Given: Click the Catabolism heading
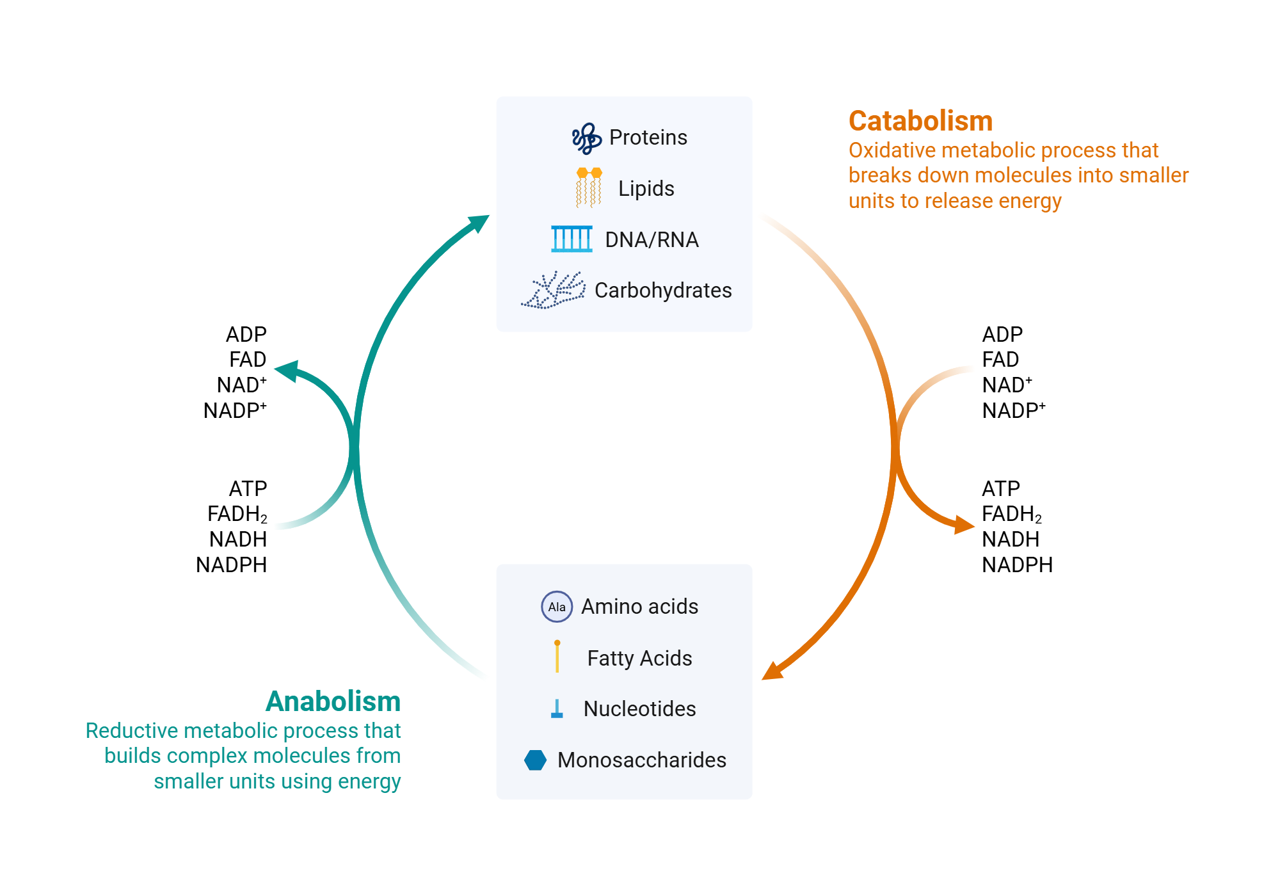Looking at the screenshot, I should [x=920, y=121].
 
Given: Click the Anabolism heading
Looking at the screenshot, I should [x=333, y=701].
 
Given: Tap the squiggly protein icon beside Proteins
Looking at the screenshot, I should [x=586, y=138].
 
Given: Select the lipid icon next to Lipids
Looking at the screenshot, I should [x=589, y=188].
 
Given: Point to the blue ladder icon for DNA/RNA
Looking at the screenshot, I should [x=572, y=239].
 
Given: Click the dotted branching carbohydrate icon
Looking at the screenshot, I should [x=554, y=290].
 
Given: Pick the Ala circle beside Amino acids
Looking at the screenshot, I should [x=557, y=607].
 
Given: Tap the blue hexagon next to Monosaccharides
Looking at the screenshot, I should [x=535, y=760].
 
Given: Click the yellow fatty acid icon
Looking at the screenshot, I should [x=557, y=657].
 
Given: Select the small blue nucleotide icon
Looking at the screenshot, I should [x=557, y=708].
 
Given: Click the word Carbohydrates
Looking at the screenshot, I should [x=663, y=291].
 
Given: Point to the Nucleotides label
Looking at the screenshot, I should [x=639, y=709].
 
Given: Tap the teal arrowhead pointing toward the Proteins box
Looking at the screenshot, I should [x=479, y=223].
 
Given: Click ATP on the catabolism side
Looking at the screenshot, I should [x=1001, y=489].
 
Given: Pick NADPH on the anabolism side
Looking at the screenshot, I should [x=231, y=565].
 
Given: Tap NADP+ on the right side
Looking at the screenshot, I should [x=1014, y=411].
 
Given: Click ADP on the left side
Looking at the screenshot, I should [x=246, y=335].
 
